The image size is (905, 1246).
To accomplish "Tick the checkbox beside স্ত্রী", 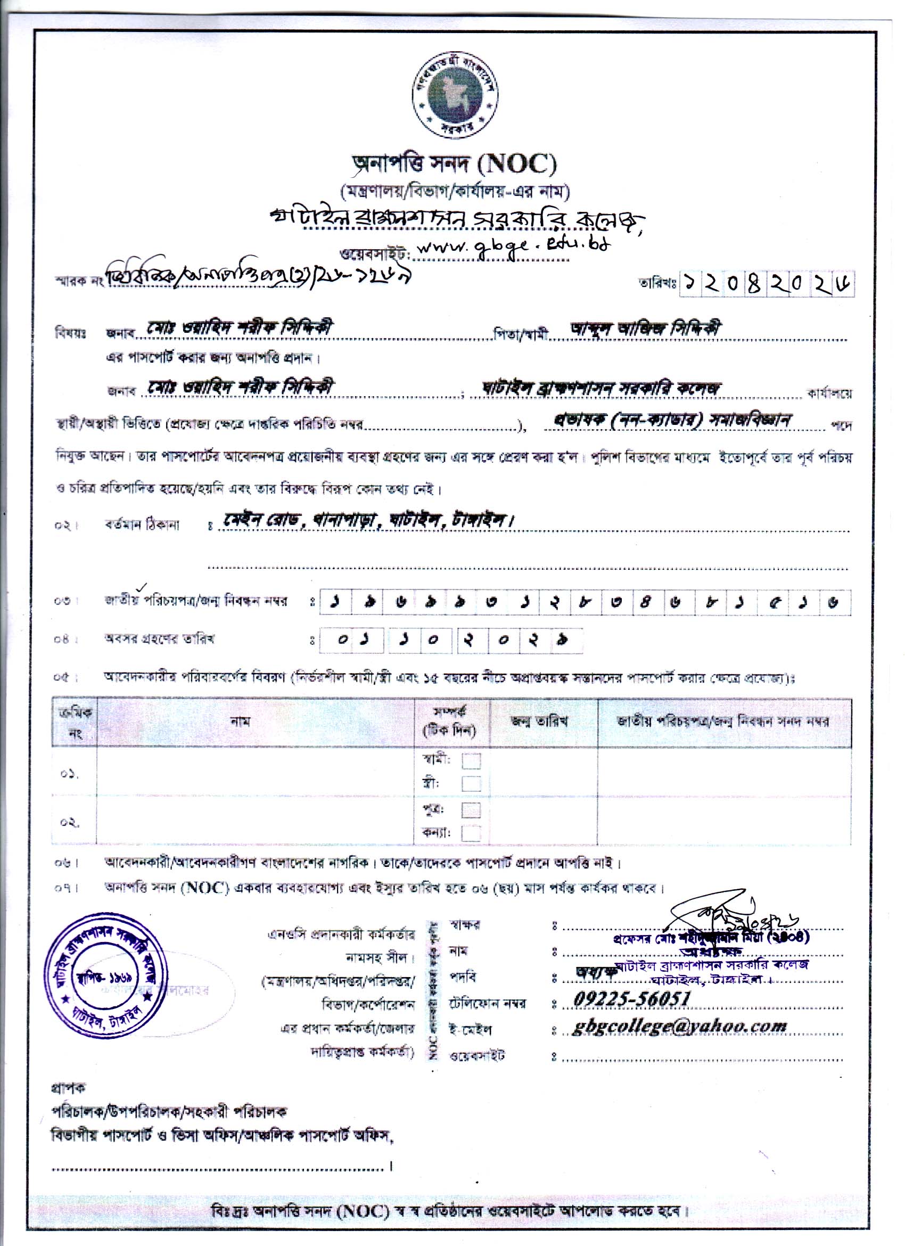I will pyautogui.click(x=471, y=783).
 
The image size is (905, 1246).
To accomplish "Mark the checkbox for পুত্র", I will pyautogui.click(x=471, y=810).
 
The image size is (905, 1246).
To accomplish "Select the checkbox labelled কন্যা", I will pyautogui.click(x=471, y=833).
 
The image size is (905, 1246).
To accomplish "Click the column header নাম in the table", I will pyautogui.click(x=241, y=722).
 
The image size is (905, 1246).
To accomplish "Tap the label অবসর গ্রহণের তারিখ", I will pyautogui.click(x=160, y=638).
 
